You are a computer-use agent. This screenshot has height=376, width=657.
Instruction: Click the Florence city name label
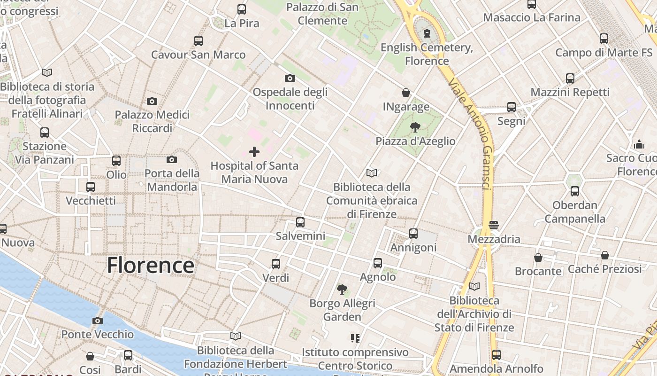[150, 265]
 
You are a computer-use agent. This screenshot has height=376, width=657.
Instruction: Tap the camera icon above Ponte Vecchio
[98, 321]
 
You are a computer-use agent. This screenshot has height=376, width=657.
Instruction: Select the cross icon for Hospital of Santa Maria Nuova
[254, 151]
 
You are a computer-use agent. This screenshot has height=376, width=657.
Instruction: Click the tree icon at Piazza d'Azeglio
[415, 126]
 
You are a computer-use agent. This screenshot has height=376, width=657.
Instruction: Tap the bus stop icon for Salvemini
[300, 222]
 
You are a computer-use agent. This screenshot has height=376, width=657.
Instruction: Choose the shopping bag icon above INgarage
[406, 93]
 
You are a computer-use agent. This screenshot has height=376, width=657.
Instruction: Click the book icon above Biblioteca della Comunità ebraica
[372, 173]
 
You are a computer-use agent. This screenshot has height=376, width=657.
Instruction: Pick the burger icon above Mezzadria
[493, 225]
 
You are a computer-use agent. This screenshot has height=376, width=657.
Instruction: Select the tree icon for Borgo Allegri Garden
[342, 289]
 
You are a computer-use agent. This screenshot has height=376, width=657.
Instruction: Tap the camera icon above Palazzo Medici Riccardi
[152, 101]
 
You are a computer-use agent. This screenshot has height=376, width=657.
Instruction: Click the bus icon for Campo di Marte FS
[604, 38]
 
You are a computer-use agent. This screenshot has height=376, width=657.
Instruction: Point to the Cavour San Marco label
[198, 55]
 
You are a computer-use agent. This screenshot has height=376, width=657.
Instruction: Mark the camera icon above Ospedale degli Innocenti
[290, 78]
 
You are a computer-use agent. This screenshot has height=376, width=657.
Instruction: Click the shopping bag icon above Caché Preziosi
[605, 255]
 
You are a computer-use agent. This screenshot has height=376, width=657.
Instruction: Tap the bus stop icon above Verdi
[276, 264]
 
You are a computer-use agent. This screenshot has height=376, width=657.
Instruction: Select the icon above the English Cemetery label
[427, 33]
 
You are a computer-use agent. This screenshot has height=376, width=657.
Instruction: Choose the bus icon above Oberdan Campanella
[575, 191]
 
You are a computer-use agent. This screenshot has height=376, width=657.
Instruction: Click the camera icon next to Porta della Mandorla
[172, 159]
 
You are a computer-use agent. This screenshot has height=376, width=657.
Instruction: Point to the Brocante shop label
[538, 271]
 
